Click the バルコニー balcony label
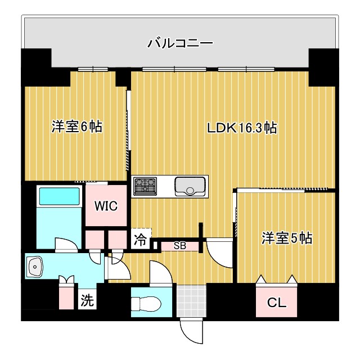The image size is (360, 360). [180, 43]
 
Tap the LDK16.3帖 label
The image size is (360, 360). [241, 128]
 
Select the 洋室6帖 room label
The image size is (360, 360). [76, 127]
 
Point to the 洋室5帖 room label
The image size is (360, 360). [286, 238]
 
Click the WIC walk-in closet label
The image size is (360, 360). [106, 206]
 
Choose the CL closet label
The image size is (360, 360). [276, 303]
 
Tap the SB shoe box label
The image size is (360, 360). [179, 246]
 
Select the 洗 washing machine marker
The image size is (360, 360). [86, 300]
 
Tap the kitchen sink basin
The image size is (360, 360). [191, 186]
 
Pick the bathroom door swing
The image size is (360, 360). [64, 245]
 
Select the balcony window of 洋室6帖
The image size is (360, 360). [93, 69]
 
